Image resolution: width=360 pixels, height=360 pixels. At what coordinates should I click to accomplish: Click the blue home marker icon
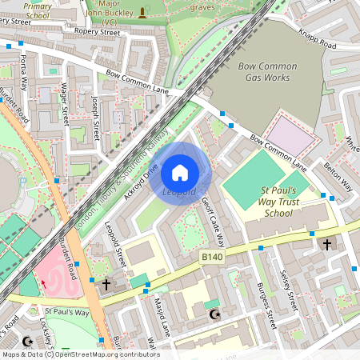(180, 173)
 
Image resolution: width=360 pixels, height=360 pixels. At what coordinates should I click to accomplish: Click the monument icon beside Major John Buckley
(143, 11)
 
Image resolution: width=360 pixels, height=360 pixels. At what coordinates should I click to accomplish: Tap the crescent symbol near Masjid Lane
(213, 314)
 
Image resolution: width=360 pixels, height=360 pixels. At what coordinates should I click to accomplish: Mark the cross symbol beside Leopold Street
(106, 283)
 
